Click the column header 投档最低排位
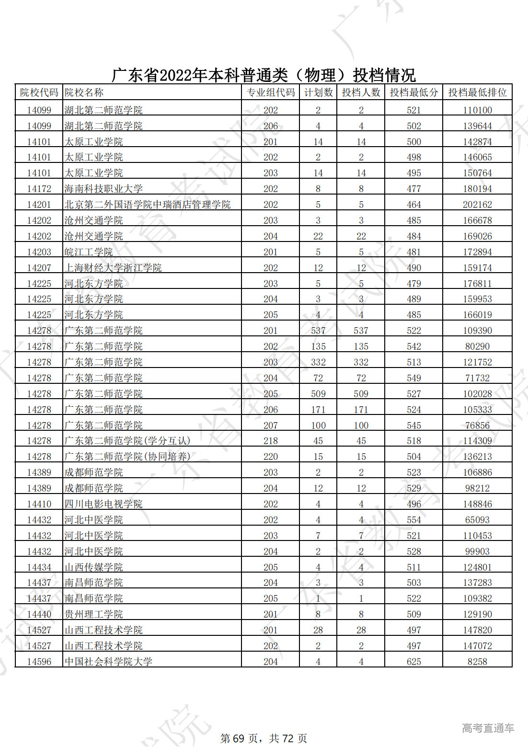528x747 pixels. pyautogui.click(x=477, y=92)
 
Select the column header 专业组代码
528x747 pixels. pyautogui.click(x=270, y=92)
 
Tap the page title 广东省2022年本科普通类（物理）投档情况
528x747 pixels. pyautogui.click(x=264, y=75)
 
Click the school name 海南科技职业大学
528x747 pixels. pyautogui.click(x=103, y=189)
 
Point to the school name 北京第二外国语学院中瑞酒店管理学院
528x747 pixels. pyautogui.click(x=148, y=205)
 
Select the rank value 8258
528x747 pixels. pyautogui.click(x=477, y=662)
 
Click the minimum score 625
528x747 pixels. pyautogui.click(x=413, y=662)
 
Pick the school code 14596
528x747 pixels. pyautogui.click(x=39, y=662)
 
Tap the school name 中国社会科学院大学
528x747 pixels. pyautogui.click(x=108, y=662)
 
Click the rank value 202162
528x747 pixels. pyautogui.click(x=477, y=205)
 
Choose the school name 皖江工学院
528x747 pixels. pyautogui.click(x=89, y=252)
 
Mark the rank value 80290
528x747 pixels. pyautogui.click(x=477, y=346)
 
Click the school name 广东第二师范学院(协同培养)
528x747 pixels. pyautogui.click(x=127, y=457)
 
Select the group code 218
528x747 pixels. pyautogui.click(x=270, y=441)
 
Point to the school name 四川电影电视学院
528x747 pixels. pyautogui.click(x=103, y=504)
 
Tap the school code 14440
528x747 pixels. pyautogui.click(x=39, y=614)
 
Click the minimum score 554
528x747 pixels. pyautogui.click(x=413, y=520)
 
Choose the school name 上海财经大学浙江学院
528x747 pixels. pyautogui.click(x=113, y=268)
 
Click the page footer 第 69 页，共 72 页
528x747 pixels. pyautogui.click(x=264, y=738)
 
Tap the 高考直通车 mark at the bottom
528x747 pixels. pyautogui.click(x=488, y=728)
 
